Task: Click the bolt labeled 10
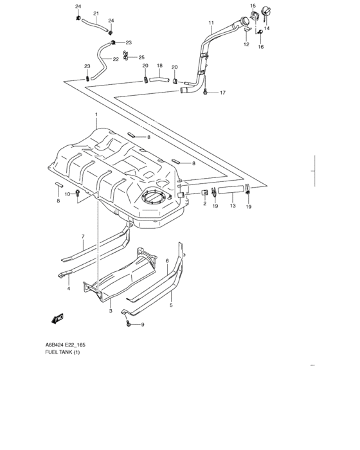[78, 192]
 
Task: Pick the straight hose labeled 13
[230, 190]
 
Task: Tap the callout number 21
[96, 14]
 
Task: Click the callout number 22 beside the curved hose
[116, 59]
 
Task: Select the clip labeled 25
[127, 56]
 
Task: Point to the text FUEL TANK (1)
[62, 353]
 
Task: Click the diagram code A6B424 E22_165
[65, 345]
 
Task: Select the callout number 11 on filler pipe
[210, 23]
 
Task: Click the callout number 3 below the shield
[110, 311]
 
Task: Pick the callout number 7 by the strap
[83, 237]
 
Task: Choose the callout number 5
[171, 305]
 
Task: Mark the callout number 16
[261, 47]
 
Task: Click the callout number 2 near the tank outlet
[186, 204]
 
